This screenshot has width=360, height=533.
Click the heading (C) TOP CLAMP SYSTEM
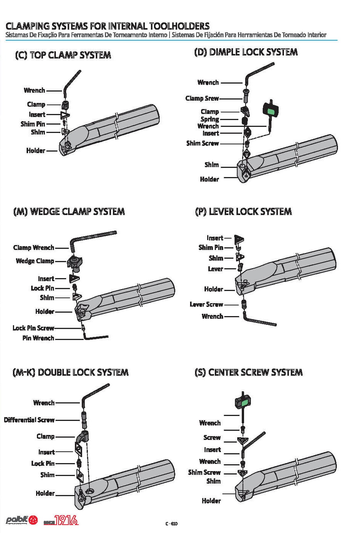63,55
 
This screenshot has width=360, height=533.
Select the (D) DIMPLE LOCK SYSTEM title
246,52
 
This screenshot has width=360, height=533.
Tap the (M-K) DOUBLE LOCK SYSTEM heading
70,372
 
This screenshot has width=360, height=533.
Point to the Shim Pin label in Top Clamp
33,124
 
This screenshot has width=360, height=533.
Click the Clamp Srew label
202,98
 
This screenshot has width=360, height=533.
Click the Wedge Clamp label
35,261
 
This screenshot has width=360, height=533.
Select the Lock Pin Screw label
33,328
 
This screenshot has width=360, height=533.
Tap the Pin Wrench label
38,338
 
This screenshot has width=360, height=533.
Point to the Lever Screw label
206,304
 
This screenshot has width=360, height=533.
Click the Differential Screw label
29,420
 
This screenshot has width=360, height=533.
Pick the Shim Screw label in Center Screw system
204,472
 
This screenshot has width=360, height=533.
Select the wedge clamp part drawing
77,263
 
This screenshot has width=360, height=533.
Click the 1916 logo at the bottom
66,520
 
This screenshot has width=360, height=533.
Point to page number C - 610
171,524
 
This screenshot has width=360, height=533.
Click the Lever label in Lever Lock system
215,269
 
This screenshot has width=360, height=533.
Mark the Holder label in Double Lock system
45,493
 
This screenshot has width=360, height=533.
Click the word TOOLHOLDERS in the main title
179,26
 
